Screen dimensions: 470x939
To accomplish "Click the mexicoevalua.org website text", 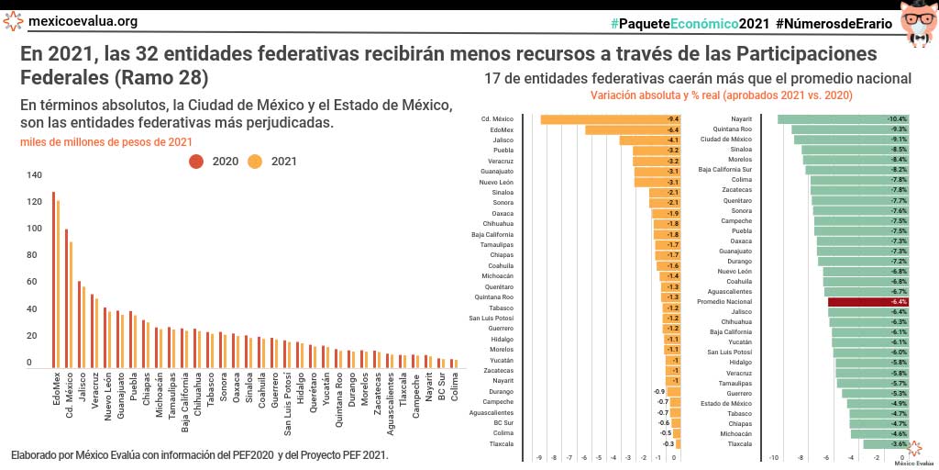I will coord(83,21).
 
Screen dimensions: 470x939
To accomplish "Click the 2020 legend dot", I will coord(195,162).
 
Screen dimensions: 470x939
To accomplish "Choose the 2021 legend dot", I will coord(255,162).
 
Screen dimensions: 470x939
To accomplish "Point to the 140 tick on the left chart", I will coord(34,174).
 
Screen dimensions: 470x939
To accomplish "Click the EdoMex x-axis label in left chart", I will coord(58,389).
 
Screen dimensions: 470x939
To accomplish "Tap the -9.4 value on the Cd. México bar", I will coord(672,119).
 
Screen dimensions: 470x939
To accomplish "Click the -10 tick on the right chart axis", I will coord(774,456).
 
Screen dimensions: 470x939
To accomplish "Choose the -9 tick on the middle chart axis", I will coord(539,456).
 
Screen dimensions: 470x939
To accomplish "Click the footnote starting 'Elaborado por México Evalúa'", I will coord(200,455).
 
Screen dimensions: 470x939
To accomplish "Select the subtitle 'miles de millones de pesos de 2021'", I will coord(106,141).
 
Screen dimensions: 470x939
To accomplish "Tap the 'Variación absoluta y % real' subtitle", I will coord(722,95).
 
